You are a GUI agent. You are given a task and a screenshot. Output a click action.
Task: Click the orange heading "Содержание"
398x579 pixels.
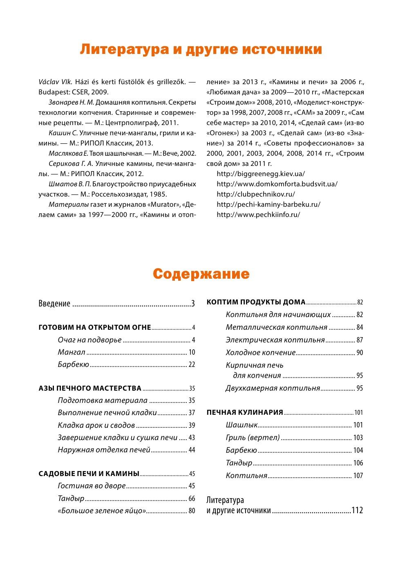pyautogui.click(x=201, y=274)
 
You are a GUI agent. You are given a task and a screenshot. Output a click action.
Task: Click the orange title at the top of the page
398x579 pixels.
pyautogui.click(x=201, y=49)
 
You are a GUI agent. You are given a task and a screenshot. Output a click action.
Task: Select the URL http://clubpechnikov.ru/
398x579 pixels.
pyautogui.click(x=255, y=194)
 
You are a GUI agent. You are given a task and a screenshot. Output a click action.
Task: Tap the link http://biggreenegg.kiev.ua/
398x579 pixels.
pyautogui.click(x=260, y=174)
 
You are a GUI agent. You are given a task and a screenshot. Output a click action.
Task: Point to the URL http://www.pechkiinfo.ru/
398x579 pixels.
pyautogui.click(x=258, y=215)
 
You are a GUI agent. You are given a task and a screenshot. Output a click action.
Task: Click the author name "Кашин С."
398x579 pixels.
pyautogui.click(x=63, y=133)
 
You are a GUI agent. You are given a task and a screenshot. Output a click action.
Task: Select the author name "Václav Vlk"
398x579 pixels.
pyautogui.click(x=55, y=82)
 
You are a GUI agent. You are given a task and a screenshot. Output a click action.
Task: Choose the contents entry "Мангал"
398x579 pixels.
pyautogui.click(x=72, y=352)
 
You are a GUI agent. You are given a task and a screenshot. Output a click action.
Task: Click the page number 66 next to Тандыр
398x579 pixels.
pyautogui.click(x=192, y=499)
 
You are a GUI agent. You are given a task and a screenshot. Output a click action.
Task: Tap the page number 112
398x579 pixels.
pyautogui.click(x=357, y=510)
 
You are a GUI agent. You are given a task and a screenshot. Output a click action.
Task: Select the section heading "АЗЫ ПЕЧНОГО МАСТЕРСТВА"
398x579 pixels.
pyautogui.click(x=90, y=388)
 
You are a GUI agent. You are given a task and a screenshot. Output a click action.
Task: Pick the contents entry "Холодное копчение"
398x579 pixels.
pyautogui.click(x=260, y=353)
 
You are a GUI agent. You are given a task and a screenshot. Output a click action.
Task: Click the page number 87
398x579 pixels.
pyautogui.click(x=360, y=340)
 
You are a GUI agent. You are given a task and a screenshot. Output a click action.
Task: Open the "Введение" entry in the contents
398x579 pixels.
pyautogui.click(x=54, y=304)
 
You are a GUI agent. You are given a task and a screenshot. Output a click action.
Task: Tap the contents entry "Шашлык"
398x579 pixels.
pyautogui.click(x=241, y=425)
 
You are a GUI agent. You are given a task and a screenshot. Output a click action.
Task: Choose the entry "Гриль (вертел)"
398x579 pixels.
pyautogui.click(x=253, y=438)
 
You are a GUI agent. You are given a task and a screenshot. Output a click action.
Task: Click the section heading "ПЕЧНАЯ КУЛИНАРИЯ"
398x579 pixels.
pyautogui.click(x=245, y=412)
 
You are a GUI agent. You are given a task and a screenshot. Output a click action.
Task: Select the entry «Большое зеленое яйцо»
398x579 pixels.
pyautogui.click(x=102, y=511)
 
